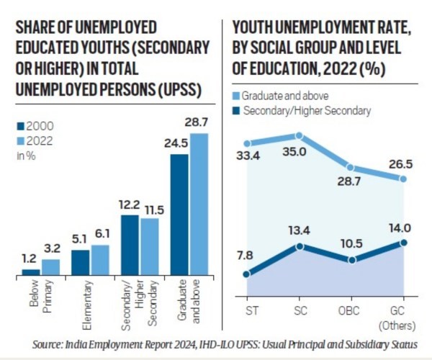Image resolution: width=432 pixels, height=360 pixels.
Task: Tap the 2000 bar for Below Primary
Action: pos(30,271)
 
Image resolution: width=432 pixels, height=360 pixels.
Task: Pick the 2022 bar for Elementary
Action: pos(100,260)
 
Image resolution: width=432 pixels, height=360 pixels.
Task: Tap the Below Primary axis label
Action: pos(40,302)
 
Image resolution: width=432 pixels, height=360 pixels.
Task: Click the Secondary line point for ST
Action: pos(247,274)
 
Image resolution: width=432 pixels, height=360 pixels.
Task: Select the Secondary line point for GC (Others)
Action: pos(404,243)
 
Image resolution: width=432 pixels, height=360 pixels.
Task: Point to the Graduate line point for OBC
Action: pos(351,167)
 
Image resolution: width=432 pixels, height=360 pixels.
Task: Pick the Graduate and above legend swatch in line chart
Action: pos(238,96)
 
